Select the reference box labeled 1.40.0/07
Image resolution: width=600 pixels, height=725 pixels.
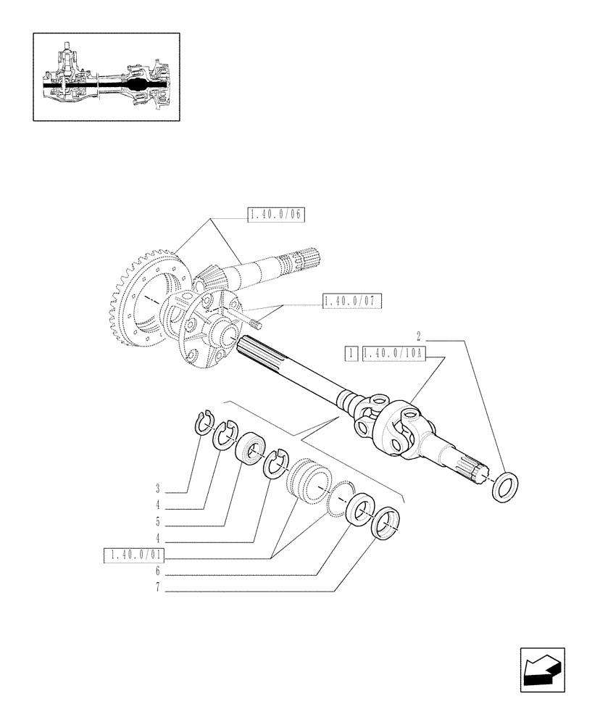[x=352, y=301]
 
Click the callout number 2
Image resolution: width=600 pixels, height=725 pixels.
[x=419, y=336]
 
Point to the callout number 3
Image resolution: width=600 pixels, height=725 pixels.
[x=157, y=488]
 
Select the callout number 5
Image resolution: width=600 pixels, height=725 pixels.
[x=157, y=521]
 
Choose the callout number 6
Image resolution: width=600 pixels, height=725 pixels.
[x=157, y=572]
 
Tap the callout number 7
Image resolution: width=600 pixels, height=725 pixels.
[x=157, y=589]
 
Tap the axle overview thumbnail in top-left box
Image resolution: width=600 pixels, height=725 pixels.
[x=107, y=76]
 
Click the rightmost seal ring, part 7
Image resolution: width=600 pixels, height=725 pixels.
[x=385, y=523]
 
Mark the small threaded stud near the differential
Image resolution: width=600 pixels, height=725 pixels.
[x=254, y=318]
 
